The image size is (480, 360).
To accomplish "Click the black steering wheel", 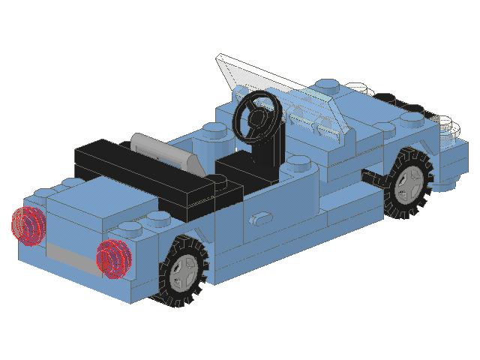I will click(x=257, y=115).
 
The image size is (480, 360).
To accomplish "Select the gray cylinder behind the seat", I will click(x=161, y=149).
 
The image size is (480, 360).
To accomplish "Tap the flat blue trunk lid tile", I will click(x=82, y=202).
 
